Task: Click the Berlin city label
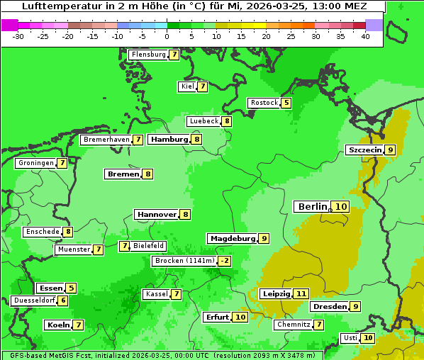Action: [x=313, y=206]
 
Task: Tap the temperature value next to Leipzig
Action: [x=301, y=293]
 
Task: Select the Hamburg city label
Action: [x=169, y=139]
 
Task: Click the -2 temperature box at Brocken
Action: [x=225, y=261]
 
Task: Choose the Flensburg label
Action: [x=148, y=55]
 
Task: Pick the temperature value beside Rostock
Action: [x=286, y=103]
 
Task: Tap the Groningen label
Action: [x=35, y=163]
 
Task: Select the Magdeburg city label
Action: [x=232, y=238]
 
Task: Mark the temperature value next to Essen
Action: [x=71, y=288]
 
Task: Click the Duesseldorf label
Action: [x=34, y=300]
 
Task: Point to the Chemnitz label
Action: [x=294, y=325]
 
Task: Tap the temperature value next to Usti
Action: [x=368, y=338]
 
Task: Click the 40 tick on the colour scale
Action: [x=365, y=36]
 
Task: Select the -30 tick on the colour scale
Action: [x=18, y=36]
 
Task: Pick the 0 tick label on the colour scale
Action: [x=167, y=36]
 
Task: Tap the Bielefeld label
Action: [x=149, y=246]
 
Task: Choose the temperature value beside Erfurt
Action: [x=240, y=317]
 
